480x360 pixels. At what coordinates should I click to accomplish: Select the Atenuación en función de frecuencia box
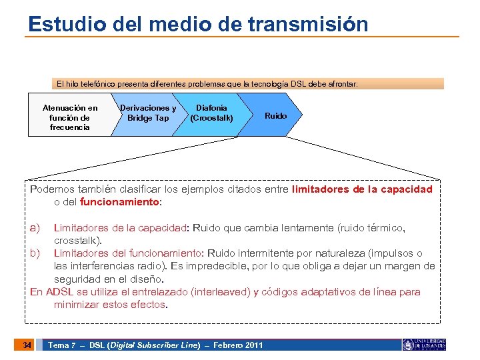coord(69,117)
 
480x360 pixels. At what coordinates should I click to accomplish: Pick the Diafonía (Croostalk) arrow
coord(211,113)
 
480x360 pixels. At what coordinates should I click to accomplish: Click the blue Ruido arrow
coord(275,116)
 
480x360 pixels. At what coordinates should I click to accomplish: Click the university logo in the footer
coord(423,345)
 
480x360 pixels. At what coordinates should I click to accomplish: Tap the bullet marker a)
coord(35,227)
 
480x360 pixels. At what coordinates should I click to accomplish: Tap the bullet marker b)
coord(35,253)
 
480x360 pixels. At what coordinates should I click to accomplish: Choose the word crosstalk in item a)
coord(76,240)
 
